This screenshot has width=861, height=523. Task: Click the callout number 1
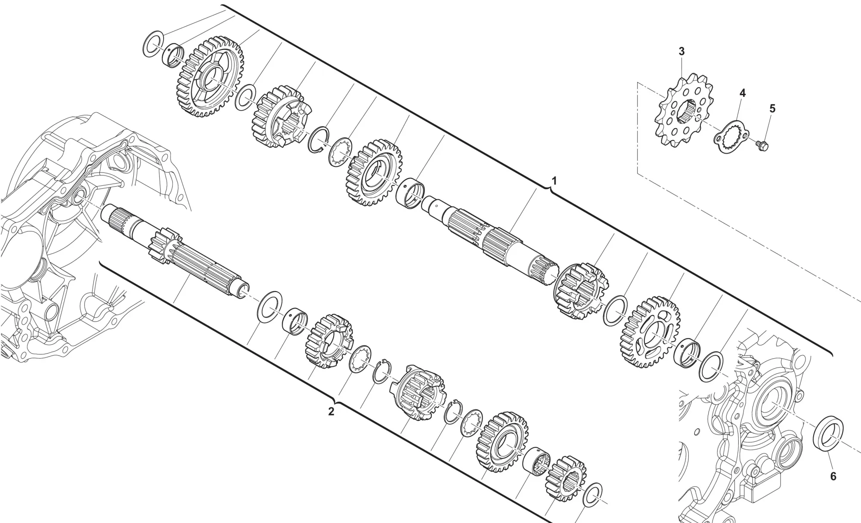click(554, 181)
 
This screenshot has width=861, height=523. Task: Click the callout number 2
click(331, 411)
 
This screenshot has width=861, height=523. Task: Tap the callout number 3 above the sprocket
click(681, 52)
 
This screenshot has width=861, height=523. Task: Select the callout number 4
click(743, 93)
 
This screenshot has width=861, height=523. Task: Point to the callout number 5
click(772, 109)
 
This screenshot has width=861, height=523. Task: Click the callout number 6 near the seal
click(833, 477)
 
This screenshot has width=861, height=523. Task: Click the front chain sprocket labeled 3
click(682, 111)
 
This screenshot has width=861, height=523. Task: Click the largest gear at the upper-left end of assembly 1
click(210, 78)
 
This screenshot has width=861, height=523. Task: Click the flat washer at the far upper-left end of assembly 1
click(153, 44)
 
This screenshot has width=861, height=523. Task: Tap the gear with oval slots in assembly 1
click(651, 331)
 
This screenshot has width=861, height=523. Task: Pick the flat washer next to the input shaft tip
click(270, 305)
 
